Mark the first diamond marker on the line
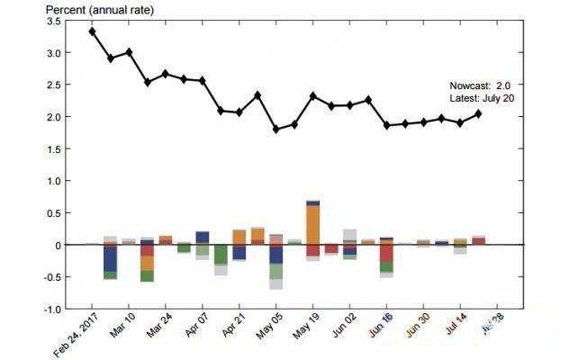[93, 31]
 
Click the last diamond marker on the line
[478, 113]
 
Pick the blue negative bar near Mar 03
[111, 258]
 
